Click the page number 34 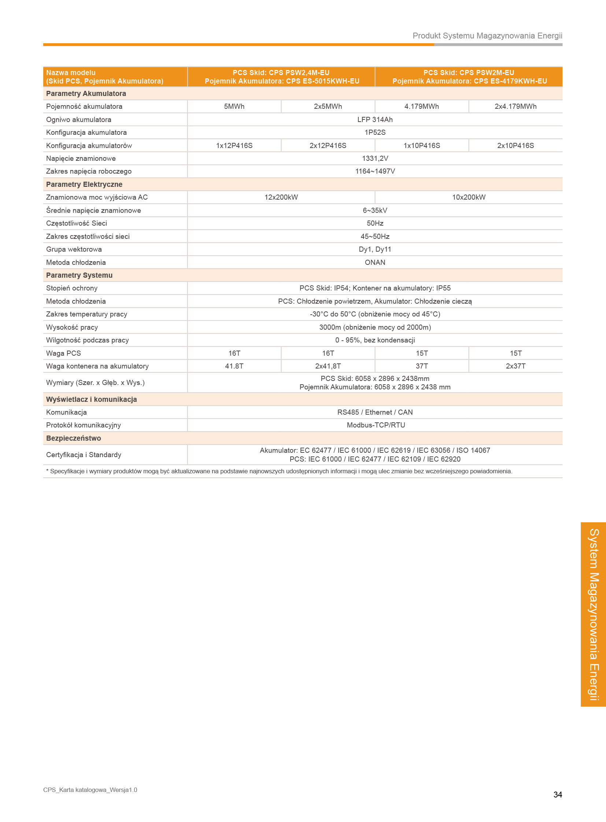point(557,795)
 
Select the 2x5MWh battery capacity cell point(328,106)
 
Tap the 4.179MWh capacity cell point(421,106)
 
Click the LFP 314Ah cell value point(374,119)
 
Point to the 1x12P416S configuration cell point(234,146)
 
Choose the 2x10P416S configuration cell point(516,146)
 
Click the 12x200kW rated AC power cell point(281,197)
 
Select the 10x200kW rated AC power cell point(469,197)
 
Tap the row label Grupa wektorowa point(74,249)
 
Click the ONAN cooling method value point(374,262)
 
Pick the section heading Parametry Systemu point(79,275)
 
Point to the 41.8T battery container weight point(234,366)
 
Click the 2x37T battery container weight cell point(516,366)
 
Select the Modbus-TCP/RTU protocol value point(376,425)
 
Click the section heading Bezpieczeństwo point(73,438)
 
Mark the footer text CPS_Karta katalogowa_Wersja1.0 point(90,790)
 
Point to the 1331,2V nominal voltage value point(374,159)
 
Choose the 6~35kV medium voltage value point(374,211)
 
